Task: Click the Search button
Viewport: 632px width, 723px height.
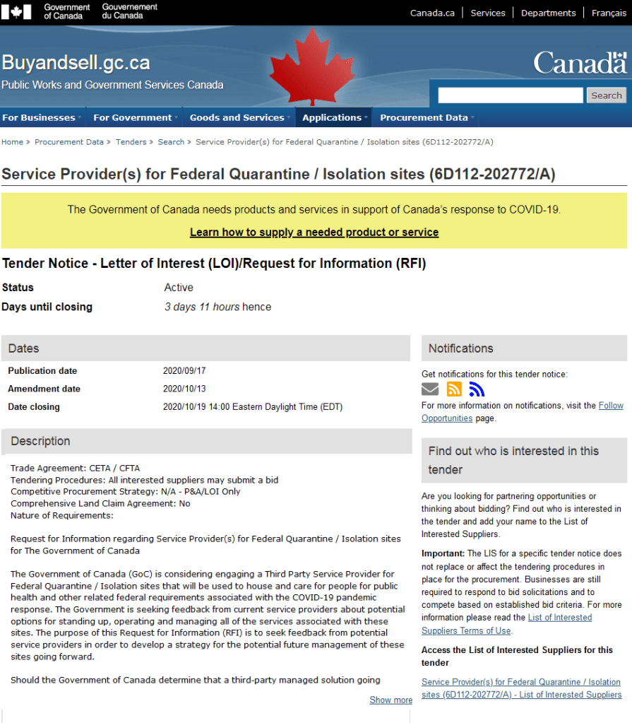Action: (606, 95)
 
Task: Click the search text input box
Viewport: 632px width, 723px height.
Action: (511, 95)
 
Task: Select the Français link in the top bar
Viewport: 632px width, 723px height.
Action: (609, 13)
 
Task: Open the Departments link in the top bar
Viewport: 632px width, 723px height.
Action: (548, 13)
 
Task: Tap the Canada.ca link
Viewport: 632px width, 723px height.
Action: (432, 13)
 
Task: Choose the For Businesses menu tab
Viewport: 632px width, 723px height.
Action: (39, 117)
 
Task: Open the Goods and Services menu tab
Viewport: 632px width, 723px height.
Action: (237, 117)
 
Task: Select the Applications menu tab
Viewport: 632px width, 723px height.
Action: (332, 117)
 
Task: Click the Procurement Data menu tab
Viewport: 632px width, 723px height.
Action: (424, 117)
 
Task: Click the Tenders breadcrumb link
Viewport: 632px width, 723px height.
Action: (131, 142)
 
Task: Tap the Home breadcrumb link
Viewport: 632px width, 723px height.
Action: (12, 142)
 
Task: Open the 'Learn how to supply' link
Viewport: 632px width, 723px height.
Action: (314, 233)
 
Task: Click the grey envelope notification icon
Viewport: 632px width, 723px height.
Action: (430, 389)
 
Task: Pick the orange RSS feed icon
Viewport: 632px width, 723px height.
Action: (454, 389)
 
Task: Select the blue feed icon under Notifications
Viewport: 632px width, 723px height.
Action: (477, 389)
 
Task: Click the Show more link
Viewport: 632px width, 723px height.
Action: (390, 700)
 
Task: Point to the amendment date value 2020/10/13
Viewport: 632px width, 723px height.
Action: (184, 389)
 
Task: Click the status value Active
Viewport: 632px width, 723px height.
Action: (179, 288)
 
